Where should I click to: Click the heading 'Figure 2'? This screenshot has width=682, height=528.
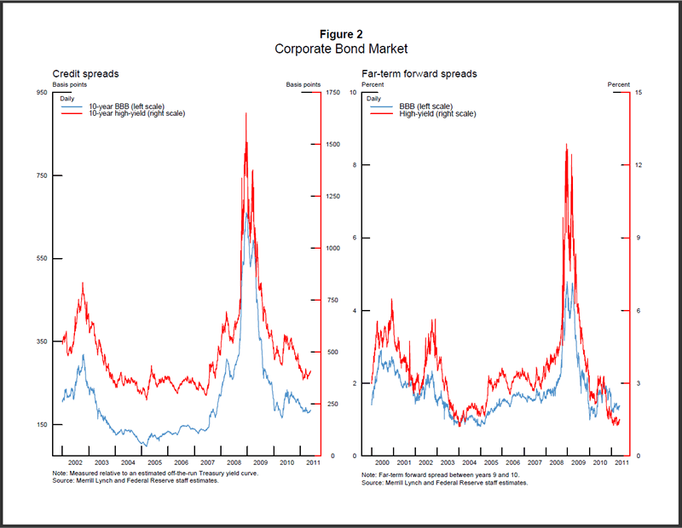(x=341, y=34)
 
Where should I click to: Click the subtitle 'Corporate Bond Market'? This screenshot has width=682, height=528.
(x=341, y=49)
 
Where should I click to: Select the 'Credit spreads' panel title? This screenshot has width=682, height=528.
(x=85, y=74)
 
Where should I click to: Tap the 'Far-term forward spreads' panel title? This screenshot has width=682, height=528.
(x=419, y=74)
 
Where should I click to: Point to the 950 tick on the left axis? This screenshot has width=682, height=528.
(x=41, y=92)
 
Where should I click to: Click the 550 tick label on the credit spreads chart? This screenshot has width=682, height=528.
(x=41, y=258)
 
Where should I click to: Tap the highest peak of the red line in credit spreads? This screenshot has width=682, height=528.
(x=246, y=113)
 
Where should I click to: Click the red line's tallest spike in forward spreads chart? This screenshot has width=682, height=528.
(x=566, y=145)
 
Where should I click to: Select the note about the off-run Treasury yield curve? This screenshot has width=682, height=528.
(x=154, y=473)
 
